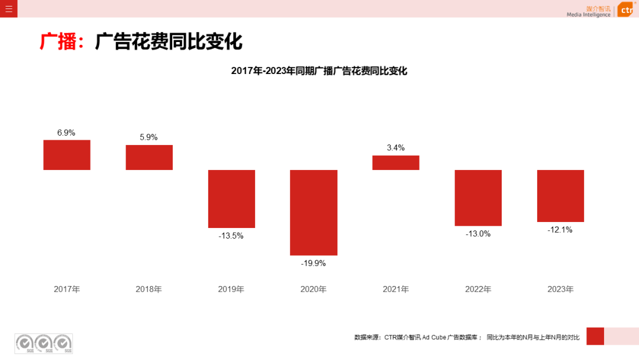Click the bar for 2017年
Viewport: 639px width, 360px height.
67,155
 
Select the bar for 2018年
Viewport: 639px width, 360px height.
149,157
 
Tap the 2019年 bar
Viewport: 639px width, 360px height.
231,199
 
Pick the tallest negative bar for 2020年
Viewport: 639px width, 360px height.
314,213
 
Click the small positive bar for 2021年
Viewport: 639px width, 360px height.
396,163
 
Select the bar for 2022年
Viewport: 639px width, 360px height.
478,198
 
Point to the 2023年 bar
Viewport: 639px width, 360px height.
560,196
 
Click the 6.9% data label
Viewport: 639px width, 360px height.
66,133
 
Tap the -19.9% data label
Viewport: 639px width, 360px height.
314,263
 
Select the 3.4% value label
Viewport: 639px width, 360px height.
396,147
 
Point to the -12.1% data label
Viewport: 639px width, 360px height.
560,230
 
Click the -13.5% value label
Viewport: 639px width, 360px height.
231,236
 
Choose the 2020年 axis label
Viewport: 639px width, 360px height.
314,290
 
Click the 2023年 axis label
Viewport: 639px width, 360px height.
560,290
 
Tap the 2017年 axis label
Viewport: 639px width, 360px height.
67,290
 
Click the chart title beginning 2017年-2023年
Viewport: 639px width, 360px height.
319,71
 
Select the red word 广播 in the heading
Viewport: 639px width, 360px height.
59,42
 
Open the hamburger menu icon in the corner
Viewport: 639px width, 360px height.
9,9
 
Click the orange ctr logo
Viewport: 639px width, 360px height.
626,10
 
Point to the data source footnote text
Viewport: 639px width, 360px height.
467,337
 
